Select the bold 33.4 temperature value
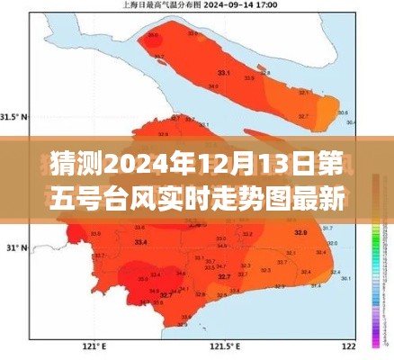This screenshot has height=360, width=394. (x=140, y=242)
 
